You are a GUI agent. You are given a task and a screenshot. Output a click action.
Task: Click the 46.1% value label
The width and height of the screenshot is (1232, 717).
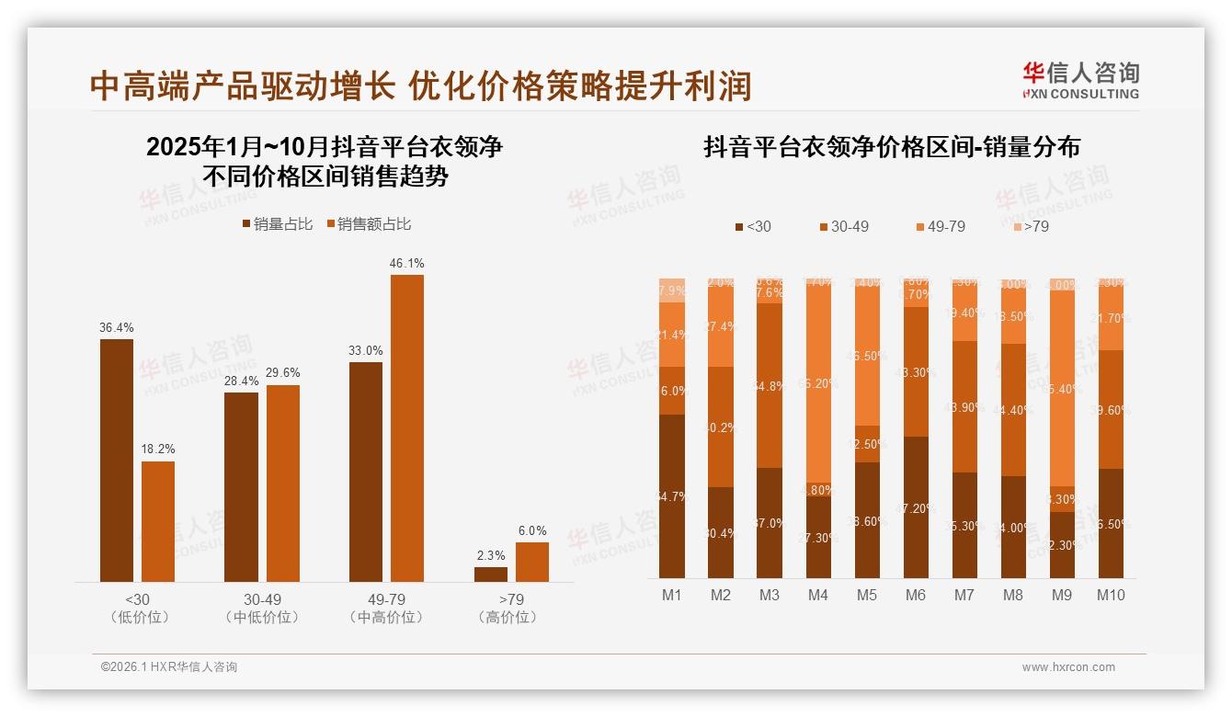click(407, 264)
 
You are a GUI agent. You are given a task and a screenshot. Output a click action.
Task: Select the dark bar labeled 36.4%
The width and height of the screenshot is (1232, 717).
click(117, 460)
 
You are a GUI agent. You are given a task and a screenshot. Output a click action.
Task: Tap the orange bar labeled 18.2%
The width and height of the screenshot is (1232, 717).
click(158, 521)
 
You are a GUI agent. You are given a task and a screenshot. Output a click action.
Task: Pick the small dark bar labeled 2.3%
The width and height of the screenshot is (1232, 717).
click(491, 575)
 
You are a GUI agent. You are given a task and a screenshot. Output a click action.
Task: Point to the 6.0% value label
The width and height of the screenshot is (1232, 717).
click(532, 531)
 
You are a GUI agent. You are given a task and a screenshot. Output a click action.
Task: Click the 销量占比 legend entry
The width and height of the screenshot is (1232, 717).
click(278, 224)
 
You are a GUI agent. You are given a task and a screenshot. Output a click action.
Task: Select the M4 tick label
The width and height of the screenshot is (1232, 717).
click(818, 596)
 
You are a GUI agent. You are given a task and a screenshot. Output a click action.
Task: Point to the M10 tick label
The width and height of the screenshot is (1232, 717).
click(1111, 596)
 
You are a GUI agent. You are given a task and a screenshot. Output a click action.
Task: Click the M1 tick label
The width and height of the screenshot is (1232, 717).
click(672, 596)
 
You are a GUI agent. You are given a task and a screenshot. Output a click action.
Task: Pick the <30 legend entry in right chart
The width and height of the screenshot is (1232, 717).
click(753, 226)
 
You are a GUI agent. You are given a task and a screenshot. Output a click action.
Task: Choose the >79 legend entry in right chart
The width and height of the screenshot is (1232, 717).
click(1031, 226)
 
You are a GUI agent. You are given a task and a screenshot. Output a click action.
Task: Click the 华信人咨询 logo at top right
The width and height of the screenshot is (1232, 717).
click(1080, 79)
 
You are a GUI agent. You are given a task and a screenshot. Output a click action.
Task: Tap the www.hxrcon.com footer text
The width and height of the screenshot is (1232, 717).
click(1068, 667)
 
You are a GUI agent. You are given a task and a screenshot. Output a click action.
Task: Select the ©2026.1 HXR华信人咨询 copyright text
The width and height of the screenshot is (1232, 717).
click(169, 667)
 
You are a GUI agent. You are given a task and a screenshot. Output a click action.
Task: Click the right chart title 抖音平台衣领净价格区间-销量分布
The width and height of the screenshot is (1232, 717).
click(892, 147)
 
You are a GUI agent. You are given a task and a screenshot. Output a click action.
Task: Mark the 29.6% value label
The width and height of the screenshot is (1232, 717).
click(283, 373)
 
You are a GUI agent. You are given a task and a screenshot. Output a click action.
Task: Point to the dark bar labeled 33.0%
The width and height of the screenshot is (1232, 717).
click(366, 472)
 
